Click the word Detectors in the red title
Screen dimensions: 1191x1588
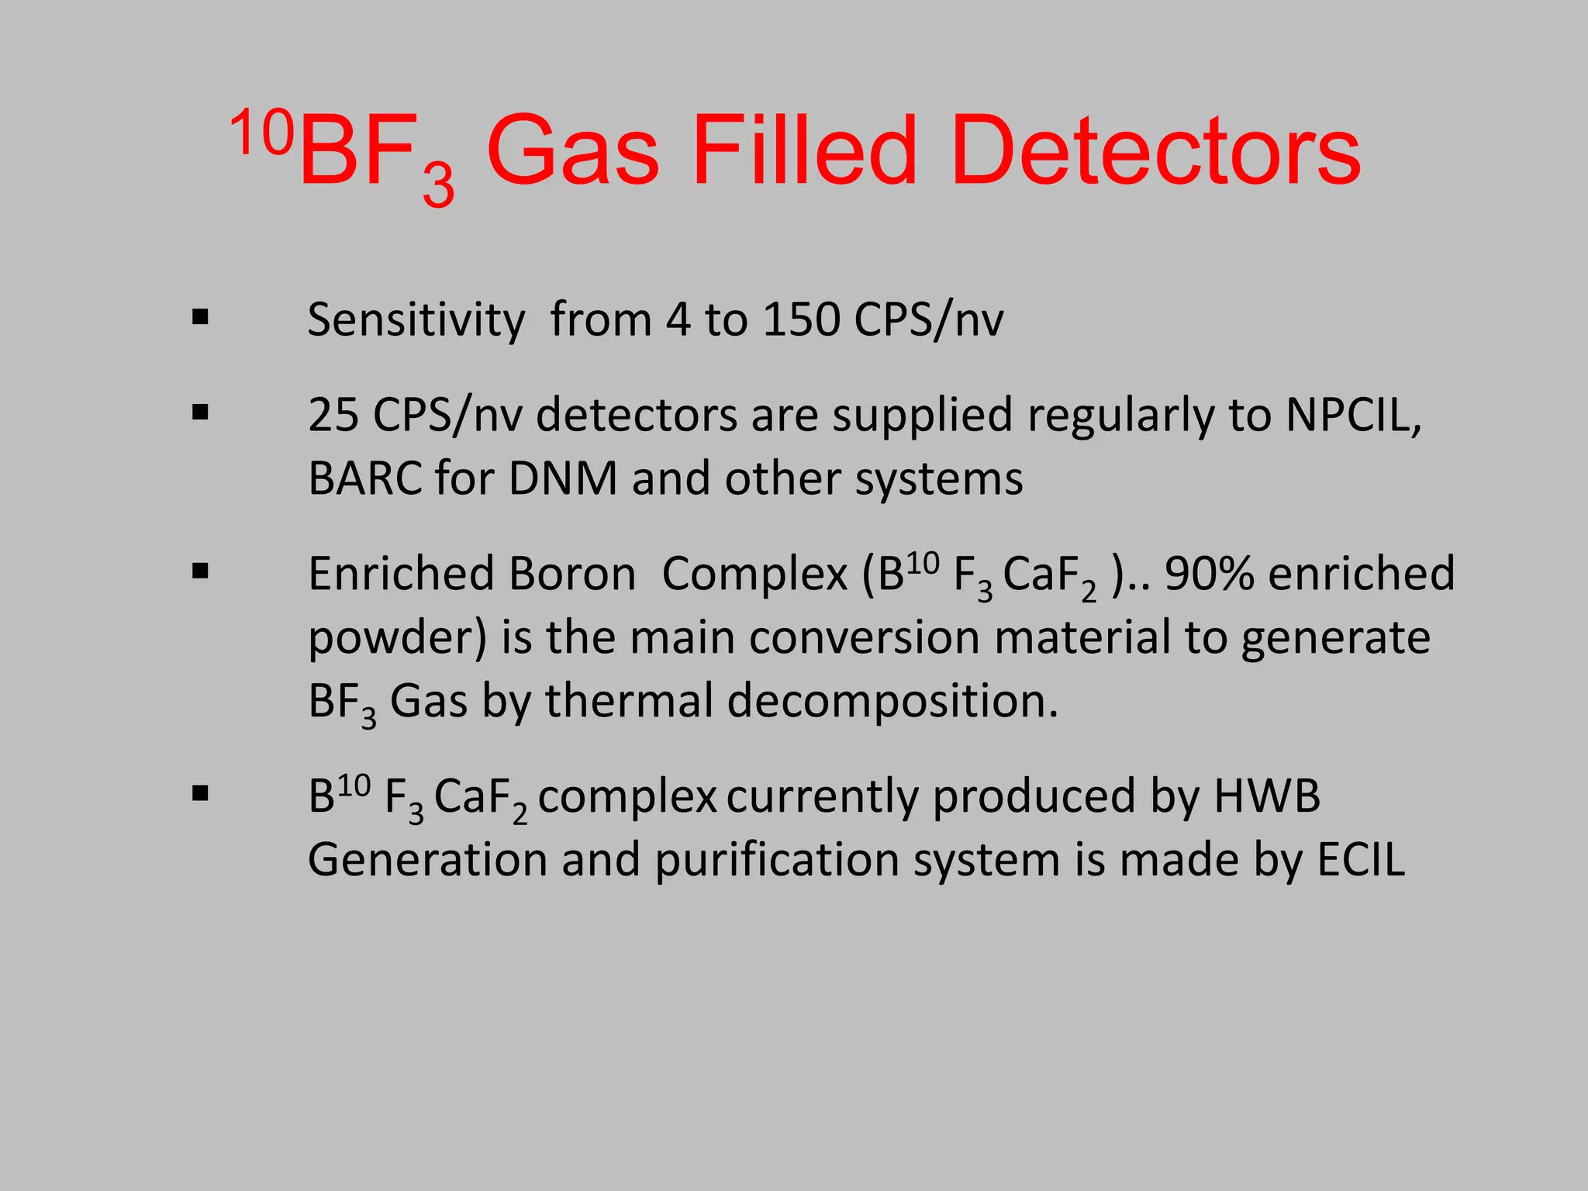pos(1155,151)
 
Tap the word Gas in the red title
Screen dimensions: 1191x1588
pos(572,151)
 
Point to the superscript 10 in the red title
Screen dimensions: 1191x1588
pos(262,132)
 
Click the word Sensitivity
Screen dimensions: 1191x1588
pos(416,319)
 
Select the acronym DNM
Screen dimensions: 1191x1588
pos(563,478)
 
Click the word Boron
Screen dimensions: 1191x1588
pos(572,574)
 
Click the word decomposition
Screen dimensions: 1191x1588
pos(892,701)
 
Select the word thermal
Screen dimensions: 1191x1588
pos(628,701)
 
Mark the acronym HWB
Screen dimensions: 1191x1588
pos(1267,796)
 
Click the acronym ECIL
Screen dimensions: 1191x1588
pos(1361,860)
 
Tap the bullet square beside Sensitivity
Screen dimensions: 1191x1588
pos(201,317)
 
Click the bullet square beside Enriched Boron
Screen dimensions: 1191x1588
pos(201,572)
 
